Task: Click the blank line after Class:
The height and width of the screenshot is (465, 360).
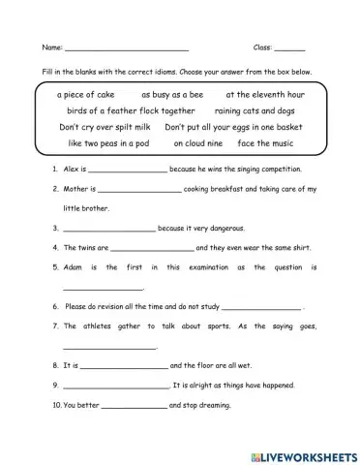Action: click(289, 47)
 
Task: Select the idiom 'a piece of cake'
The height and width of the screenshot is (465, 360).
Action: click(86, 95)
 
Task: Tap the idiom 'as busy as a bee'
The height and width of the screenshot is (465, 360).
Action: click(172, 95)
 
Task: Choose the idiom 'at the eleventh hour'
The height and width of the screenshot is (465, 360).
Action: click(264, 95)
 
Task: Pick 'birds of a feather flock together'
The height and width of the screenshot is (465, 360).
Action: click(118, 110)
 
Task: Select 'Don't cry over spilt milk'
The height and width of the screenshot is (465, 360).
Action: click(105, 127)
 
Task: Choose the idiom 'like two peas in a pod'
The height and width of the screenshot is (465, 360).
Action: click(108, 143)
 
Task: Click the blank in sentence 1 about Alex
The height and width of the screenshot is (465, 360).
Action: click(126, 170)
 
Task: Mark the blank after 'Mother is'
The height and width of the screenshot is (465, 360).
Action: click(139, 190)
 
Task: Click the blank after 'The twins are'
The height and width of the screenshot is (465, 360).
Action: click(145, 247)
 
